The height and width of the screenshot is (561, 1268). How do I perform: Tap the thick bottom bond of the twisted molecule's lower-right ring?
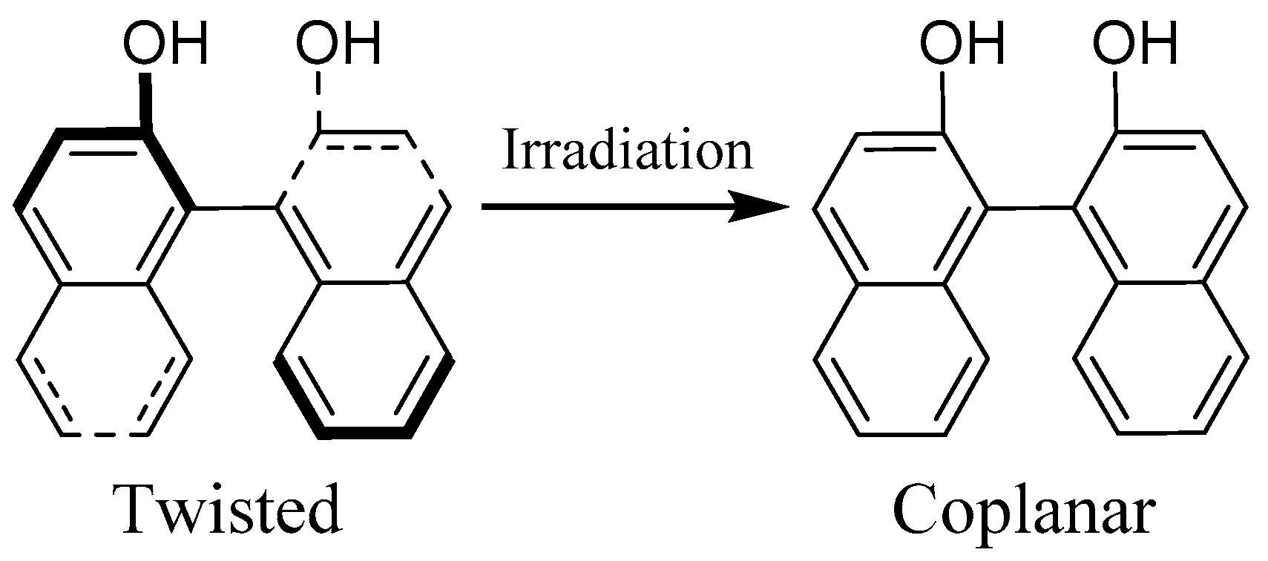pos(364,433)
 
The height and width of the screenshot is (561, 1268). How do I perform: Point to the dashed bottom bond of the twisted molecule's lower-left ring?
pos(105,433)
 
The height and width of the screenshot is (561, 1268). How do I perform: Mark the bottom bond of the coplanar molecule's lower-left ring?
pos(901,433)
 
